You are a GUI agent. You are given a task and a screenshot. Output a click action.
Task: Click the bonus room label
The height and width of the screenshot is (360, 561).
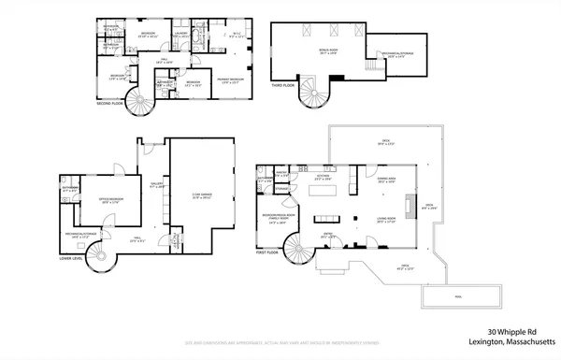(329, 53)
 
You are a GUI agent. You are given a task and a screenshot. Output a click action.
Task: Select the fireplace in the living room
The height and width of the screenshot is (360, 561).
(407, 205)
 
